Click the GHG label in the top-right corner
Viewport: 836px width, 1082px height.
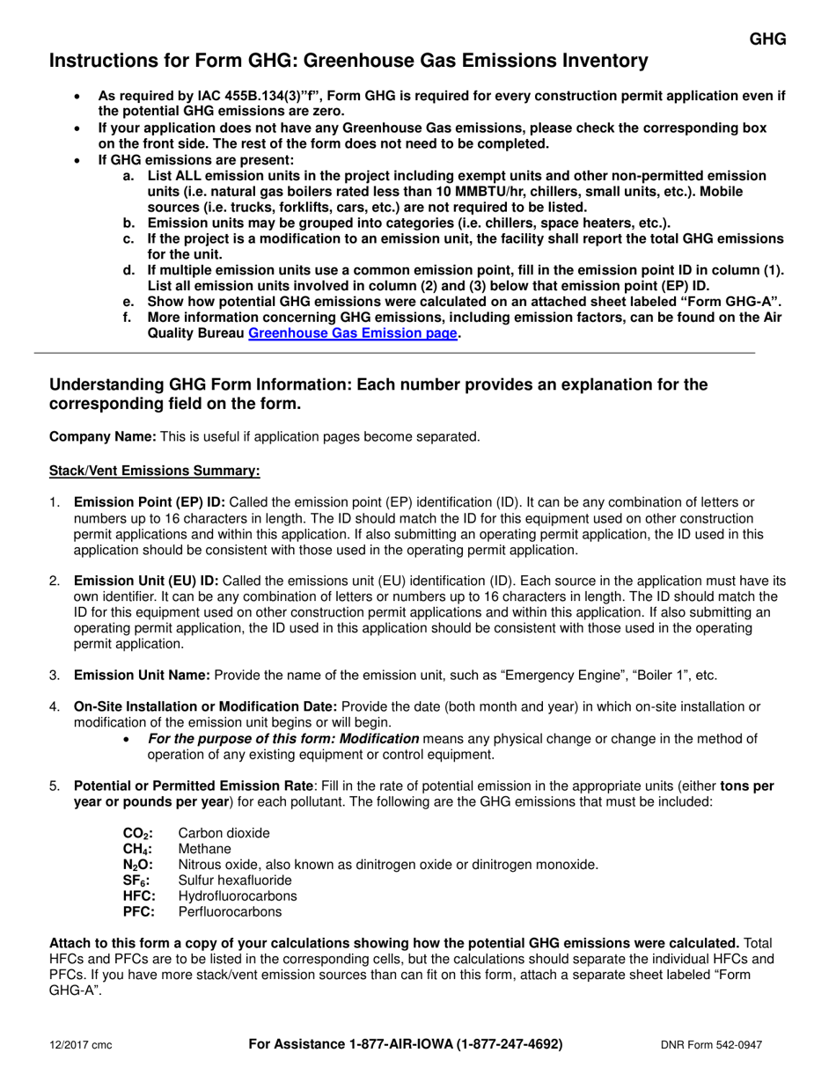pos(767,39)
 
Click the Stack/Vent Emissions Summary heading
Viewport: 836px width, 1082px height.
pos(154,471)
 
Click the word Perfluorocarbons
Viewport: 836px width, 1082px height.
pos(230,912)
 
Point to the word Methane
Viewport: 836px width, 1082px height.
pos(204,849)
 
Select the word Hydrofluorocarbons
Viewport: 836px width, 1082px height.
pos(238,896)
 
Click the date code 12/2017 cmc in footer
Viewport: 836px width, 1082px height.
pos(80,1045)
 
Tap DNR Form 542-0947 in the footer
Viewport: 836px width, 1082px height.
pos(711,1045)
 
